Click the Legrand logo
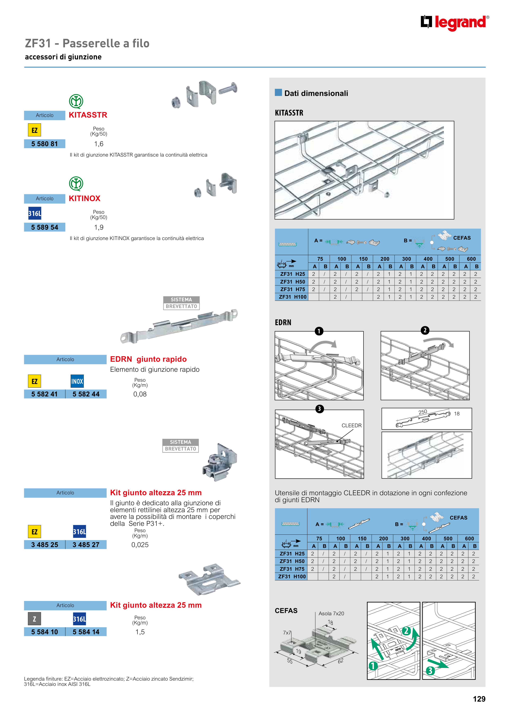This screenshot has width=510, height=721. coord(454,23)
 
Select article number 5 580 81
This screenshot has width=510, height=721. coord(45,144)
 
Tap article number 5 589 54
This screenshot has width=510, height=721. coord(45,227)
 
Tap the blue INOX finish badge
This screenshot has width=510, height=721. coord(77,381)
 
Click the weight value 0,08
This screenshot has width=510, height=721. coord(140,394)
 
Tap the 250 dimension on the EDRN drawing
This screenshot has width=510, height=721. coord(423,412)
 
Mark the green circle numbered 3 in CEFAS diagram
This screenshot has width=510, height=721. coord(430,671)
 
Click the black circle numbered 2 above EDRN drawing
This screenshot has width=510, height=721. coord(425,330)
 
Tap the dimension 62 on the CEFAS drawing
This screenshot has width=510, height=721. coord(341,661)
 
